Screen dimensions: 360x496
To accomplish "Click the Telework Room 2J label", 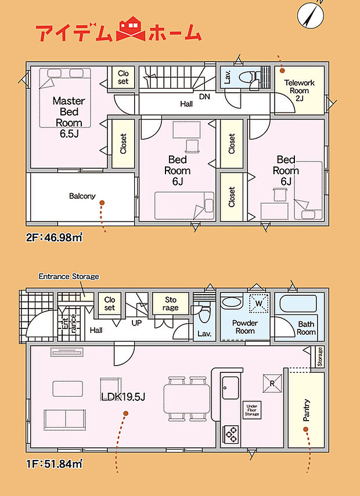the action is coord(299,90).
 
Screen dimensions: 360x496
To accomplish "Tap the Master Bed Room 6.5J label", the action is coord(69,117).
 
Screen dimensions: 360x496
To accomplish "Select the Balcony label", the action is coord(82,196).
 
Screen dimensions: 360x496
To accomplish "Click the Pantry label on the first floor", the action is coord(306,410).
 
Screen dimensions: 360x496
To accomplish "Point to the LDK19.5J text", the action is coord(123,397).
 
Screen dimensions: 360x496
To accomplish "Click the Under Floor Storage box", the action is coord(252,410).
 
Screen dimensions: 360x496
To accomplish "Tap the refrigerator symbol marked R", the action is coord(272,383).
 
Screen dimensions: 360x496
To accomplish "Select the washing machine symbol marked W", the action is coord(259,303).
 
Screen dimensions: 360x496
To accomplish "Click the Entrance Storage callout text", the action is coord(69,277).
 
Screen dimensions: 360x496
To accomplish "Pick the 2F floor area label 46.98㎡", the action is coord(54,237).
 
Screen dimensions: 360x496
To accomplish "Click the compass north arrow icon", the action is coord(311,13).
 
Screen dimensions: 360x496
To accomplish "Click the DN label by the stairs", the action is coord(204,97).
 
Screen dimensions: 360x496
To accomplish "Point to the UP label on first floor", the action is coord(137,323).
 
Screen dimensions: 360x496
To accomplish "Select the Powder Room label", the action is coord(245,327).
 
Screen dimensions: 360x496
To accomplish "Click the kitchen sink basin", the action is coord(230,388).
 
